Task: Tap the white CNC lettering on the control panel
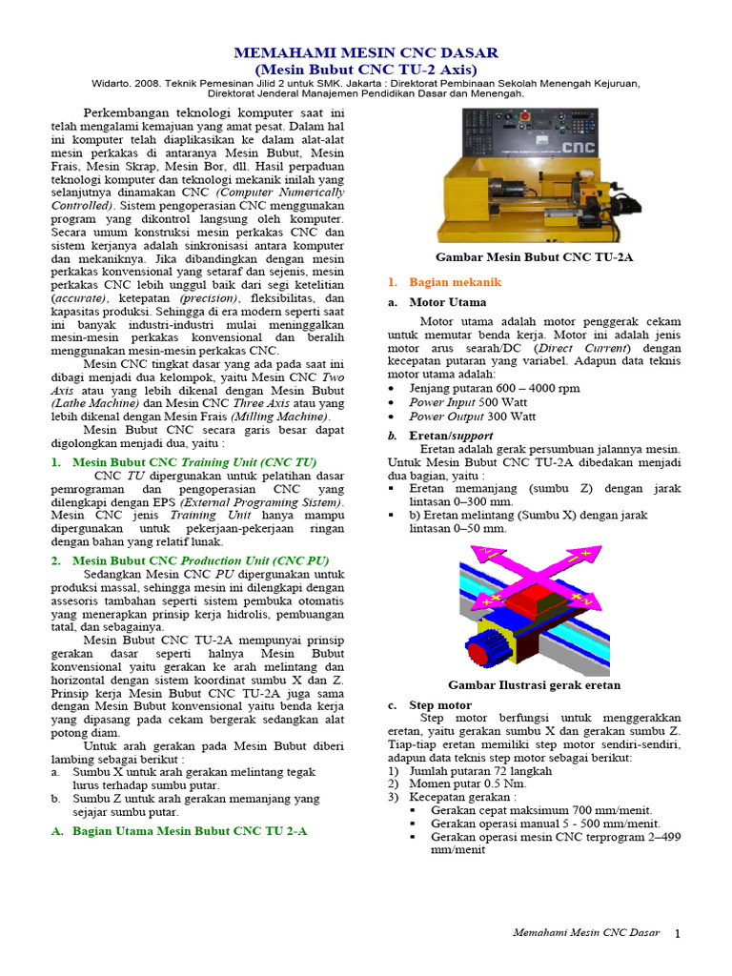pos(578,148)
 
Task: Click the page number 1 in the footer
pos(678,933)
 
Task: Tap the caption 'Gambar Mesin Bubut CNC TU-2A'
pos(534,257)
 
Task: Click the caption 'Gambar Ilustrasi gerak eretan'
pos(534,684)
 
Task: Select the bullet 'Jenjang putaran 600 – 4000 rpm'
pos(494,389)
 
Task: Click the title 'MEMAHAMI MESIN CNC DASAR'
pos(367,51)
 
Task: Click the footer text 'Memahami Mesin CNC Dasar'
pos(586,932)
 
